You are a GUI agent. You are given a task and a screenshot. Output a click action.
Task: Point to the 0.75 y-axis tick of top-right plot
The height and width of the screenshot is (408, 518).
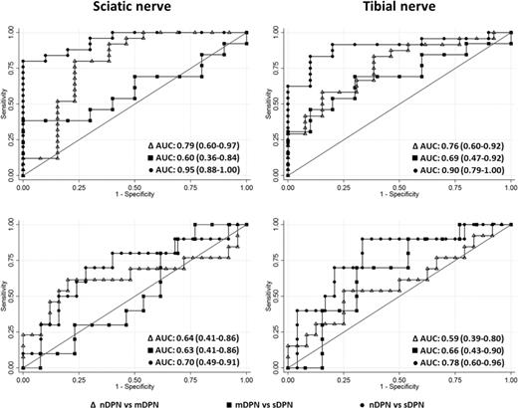(278, 68)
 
